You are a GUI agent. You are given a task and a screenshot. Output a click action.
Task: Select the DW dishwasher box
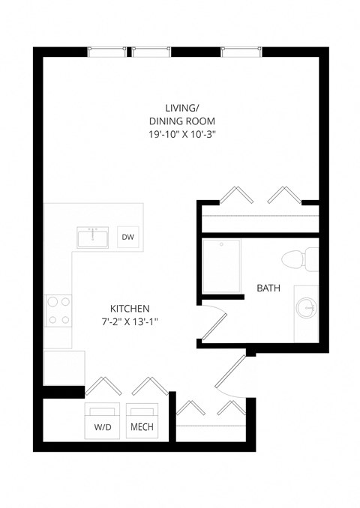click(x=127, y=238)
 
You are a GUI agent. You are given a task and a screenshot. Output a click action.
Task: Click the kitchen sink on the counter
click(x=94, y=237)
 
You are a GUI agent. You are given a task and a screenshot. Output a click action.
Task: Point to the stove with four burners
click(x=59, y=311)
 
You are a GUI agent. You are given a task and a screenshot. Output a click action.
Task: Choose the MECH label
click(x=142, y=428)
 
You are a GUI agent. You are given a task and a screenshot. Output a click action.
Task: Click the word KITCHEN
click(x=130, y=308)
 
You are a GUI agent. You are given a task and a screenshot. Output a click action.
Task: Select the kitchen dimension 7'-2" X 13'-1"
click(x=130, y=321)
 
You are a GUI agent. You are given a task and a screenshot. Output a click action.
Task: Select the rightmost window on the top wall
click(x=242, y=52)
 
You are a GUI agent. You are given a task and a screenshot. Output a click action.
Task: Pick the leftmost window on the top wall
click(x=108, y=52)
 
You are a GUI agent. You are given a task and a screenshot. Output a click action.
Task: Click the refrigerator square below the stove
click(x=58, y=367)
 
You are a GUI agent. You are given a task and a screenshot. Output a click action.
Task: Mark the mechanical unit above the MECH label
click(x=142, y=411)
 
